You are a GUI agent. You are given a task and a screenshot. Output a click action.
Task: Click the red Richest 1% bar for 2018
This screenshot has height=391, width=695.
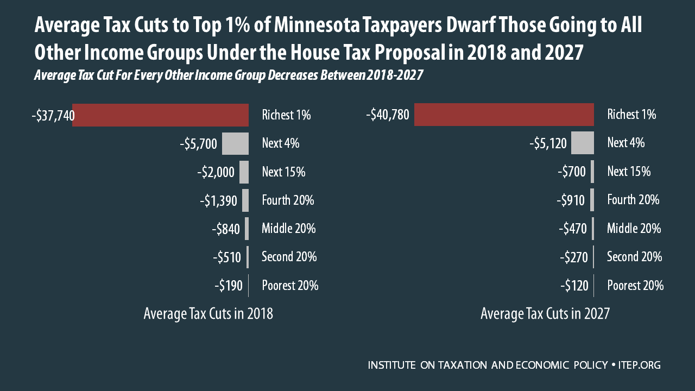[160, 115]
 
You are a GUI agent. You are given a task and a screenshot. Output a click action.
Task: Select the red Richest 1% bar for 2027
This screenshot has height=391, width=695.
[504, 115]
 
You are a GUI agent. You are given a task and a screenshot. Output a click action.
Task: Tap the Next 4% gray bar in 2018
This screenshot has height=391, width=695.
[235, 143]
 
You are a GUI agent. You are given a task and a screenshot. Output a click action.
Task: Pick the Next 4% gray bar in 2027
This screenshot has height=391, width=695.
[582, 143]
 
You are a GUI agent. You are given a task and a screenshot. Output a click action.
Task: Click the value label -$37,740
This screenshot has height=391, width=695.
[53, 115]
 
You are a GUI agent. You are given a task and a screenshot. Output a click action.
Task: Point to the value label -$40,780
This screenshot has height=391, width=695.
[388, 115]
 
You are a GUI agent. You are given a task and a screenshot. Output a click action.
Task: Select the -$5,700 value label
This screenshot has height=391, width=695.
[198, 144]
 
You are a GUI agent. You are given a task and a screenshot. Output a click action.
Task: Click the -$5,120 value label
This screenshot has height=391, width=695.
[548, 143]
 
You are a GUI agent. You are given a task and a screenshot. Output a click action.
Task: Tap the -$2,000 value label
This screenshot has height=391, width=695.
[216, 172]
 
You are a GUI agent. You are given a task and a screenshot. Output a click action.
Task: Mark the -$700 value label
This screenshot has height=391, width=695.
[572, 172]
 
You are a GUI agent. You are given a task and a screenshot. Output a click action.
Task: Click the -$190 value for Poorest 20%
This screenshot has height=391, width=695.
[229, 286]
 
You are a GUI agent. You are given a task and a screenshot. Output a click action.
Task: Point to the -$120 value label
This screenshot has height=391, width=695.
[574, 286]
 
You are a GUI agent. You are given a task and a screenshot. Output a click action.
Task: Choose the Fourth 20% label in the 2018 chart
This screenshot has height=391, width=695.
[288, 200]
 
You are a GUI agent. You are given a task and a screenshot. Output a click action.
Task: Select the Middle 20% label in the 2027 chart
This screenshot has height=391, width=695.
[634, 229]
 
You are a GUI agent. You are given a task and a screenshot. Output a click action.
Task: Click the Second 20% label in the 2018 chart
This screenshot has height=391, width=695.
[289, 257]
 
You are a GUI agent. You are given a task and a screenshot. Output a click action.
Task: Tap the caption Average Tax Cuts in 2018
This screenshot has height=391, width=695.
[208, 314]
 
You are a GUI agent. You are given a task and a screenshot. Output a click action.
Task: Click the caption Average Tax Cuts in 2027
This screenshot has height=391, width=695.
[545, 314]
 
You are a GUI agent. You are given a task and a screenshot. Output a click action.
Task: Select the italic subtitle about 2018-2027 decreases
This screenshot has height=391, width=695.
[228, 76]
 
